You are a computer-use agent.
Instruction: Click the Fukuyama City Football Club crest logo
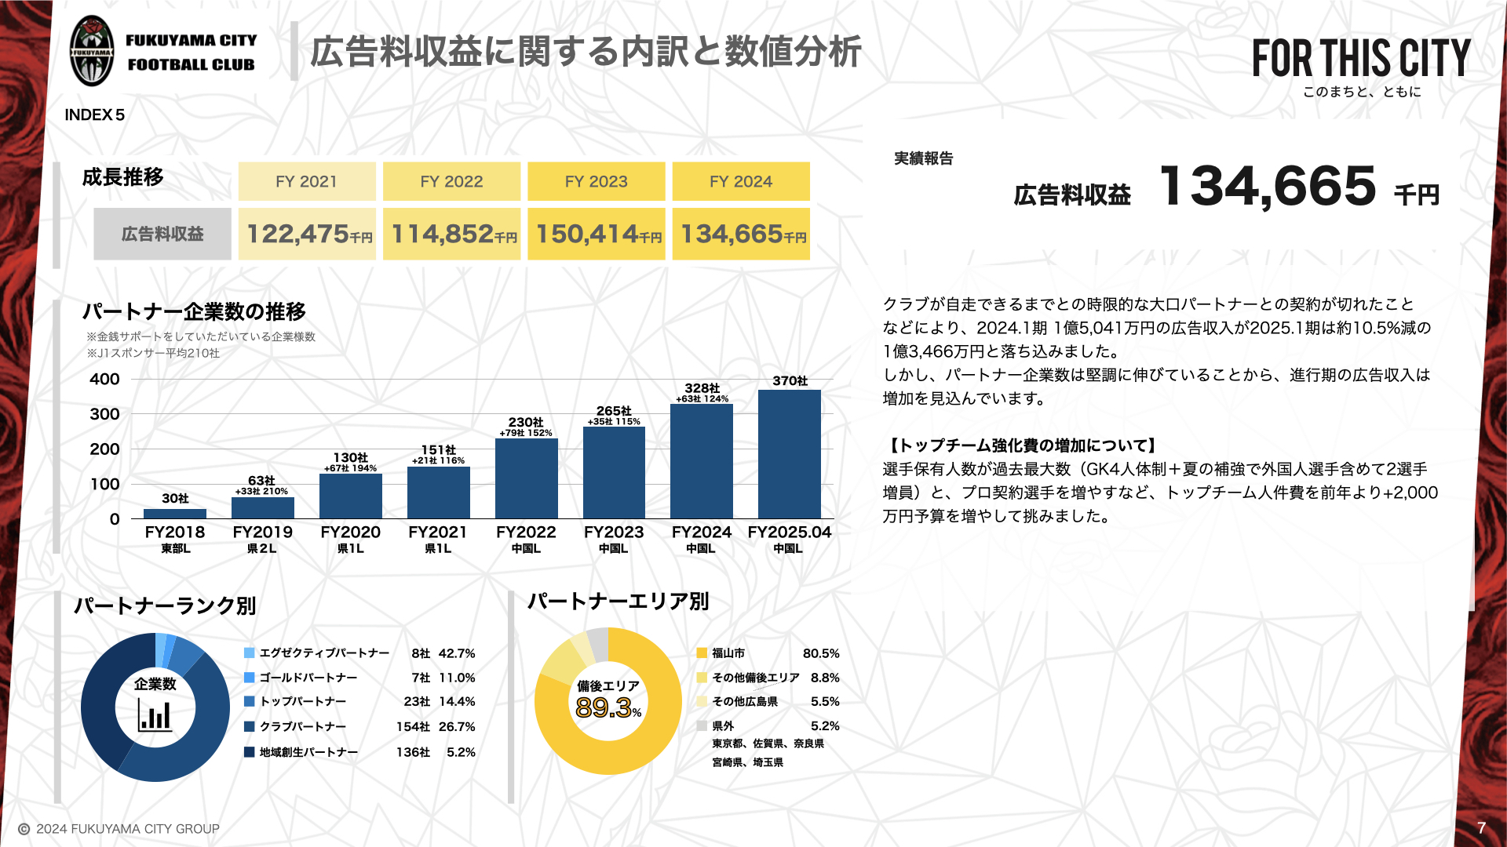92,52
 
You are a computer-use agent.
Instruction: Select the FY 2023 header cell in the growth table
596,181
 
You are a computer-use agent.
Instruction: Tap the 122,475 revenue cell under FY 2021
307,234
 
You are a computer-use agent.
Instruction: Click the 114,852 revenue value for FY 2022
451,234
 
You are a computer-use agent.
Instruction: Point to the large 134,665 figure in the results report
1267,187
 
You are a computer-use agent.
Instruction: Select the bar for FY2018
175,514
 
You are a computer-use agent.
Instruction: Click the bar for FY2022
526,478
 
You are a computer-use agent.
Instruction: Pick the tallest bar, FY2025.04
789,454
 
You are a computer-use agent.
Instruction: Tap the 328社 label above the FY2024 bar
702,388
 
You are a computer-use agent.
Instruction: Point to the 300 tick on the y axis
104,414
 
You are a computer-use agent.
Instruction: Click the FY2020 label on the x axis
350,532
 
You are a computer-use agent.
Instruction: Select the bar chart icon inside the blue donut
155,714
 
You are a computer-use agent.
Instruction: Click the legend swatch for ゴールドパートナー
250,678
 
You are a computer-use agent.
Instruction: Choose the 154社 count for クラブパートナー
413,727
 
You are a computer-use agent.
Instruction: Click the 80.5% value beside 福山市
821,653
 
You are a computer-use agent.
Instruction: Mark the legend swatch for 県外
702,726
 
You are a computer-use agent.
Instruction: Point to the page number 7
1481,827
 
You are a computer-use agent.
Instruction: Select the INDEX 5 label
94,115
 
